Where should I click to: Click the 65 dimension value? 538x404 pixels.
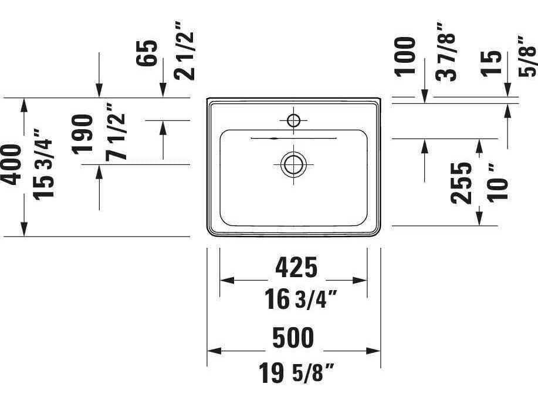pos(149,53)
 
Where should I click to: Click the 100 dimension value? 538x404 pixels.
pos(405,56)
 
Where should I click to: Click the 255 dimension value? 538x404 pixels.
pos(462,183)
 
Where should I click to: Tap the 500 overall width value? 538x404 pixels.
pos(293,338)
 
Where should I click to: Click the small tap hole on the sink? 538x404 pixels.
pos(294,122)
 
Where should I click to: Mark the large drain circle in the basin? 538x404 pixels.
pos(292,164)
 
